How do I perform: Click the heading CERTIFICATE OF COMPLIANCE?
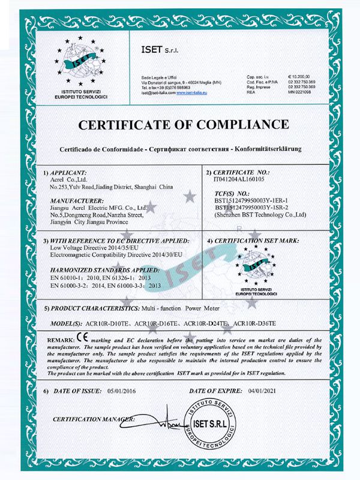pos(180,125)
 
